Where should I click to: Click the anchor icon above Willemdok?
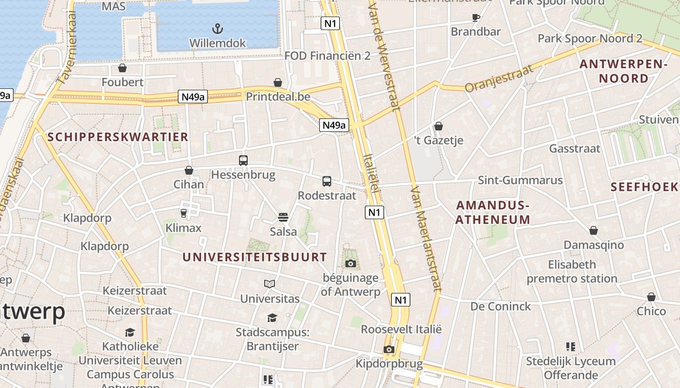pos(218,28)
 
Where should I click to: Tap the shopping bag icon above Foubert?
pos(122,68)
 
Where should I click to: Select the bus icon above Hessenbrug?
pos(243,160)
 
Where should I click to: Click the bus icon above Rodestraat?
pos(327,181)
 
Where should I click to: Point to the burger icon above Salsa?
pos(283,217)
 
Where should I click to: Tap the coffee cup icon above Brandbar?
pos(476,18)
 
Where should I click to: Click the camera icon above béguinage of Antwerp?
pos(350,263)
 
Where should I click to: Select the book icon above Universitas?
pos(270,284)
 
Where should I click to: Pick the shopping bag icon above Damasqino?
pos(594,230)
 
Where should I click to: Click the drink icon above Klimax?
pos(184,213)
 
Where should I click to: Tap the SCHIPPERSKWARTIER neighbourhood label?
pos(118,137)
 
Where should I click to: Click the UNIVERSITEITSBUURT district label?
pos(255,257)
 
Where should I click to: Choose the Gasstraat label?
pos(575,148)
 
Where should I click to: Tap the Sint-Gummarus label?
pos(520,180)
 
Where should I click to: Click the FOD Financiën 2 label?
pos(327,56)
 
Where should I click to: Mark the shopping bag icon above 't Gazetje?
pos(439,126)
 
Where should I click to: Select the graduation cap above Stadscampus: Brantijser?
pos(272,318)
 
